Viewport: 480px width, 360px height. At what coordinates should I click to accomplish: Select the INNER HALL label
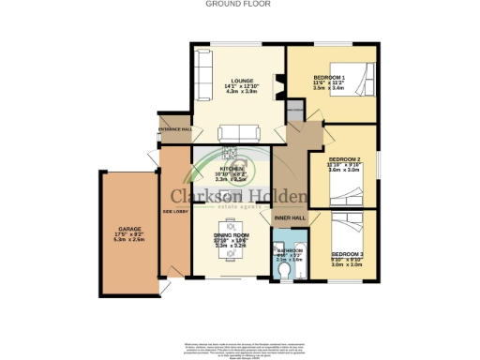289,217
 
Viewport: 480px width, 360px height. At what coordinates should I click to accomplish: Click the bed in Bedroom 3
353,228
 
